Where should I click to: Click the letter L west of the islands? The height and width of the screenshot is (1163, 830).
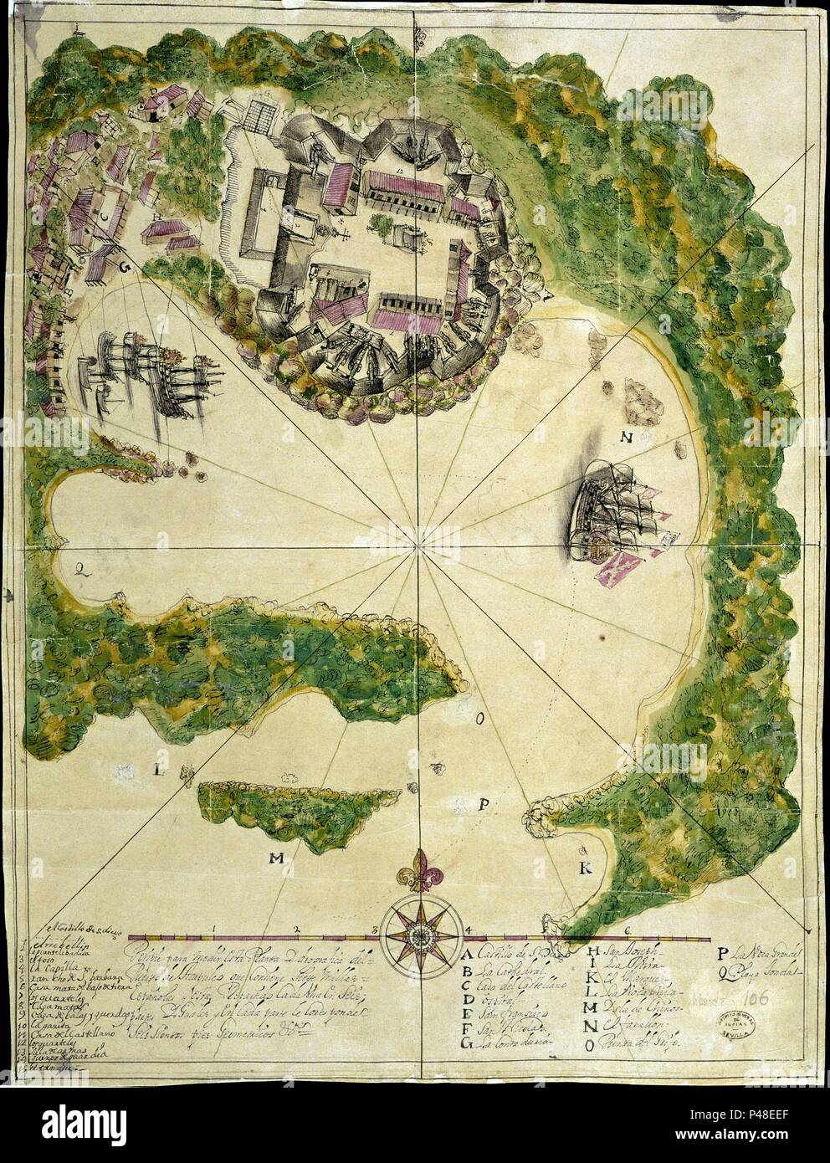157,771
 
